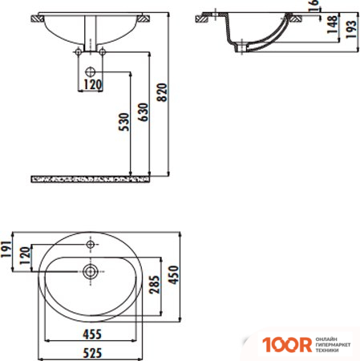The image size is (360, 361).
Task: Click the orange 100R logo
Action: (x=284, y=345)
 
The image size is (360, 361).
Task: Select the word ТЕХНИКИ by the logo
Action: (x=327, y=351)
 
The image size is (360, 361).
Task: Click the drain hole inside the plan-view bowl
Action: (x=91, y=270)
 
